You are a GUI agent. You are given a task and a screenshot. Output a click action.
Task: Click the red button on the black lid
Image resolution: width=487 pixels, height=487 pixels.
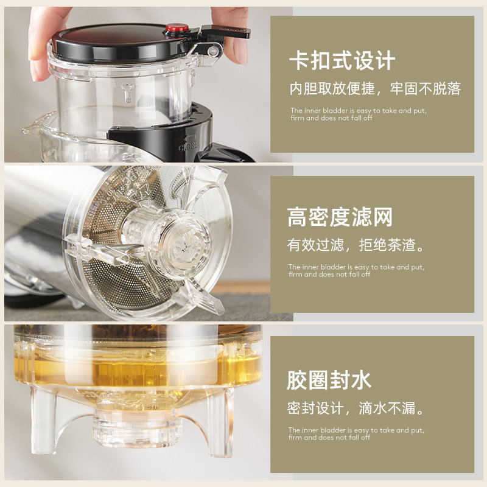tap(177, 29)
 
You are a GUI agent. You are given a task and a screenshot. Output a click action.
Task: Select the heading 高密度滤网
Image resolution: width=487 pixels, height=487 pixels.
tap(340, 217)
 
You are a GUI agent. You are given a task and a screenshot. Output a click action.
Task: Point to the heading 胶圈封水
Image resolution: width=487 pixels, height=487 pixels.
tap(329, 380)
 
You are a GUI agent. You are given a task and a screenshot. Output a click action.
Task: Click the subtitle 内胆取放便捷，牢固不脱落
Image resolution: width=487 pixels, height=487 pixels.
tap(375, 89)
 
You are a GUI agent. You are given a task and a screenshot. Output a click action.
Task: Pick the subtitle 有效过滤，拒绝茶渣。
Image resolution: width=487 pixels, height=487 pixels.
tap(356, 246)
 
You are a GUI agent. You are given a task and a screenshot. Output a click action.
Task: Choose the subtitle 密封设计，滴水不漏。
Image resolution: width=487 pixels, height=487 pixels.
tap(356, 408)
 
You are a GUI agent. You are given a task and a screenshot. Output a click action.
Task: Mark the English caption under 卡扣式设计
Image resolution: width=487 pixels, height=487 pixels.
tap(357, 114)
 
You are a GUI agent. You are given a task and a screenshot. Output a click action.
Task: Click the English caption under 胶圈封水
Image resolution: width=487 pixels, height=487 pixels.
tap(356, 433)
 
